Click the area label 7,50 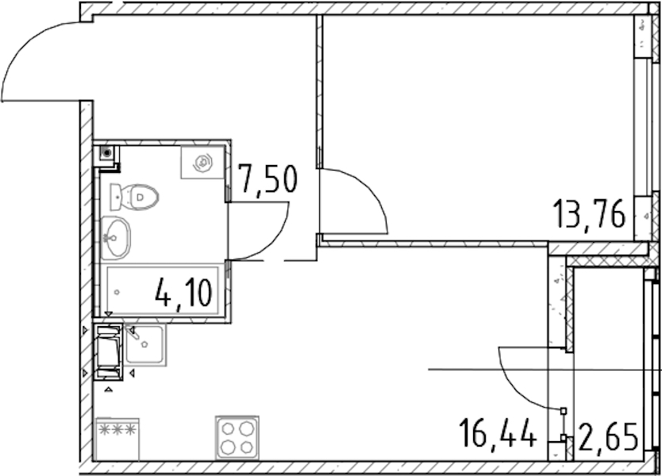click(267, 179)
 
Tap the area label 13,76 click(590, 214)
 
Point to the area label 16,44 click(498, 432)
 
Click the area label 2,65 click(608, 437)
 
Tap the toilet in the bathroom click(134, 197)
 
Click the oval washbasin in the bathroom click(115, 237)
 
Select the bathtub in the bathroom click(163, 290)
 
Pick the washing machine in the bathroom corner click(202, 162)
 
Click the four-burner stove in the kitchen click(237, 438)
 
